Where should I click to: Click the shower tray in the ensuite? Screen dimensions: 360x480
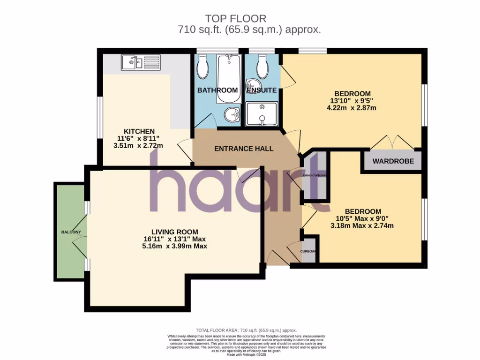point(262,114)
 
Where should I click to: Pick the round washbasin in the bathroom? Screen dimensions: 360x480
point(232,113)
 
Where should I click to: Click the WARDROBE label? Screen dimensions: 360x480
point(393,161)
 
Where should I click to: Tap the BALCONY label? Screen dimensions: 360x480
point(71,232)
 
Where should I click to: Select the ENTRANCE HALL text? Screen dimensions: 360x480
point(244,149)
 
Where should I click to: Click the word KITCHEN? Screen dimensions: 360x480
point(139,131)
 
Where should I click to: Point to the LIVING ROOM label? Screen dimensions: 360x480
point(174,232)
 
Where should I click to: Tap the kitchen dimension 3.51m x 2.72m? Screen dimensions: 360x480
point(138,145)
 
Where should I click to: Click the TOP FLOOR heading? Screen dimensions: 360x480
point(236,19)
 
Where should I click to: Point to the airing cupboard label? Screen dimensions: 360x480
point(315,176)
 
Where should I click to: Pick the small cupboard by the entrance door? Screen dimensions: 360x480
point(309,251)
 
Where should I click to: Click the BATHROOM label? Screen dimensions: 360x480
point(217,90)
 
